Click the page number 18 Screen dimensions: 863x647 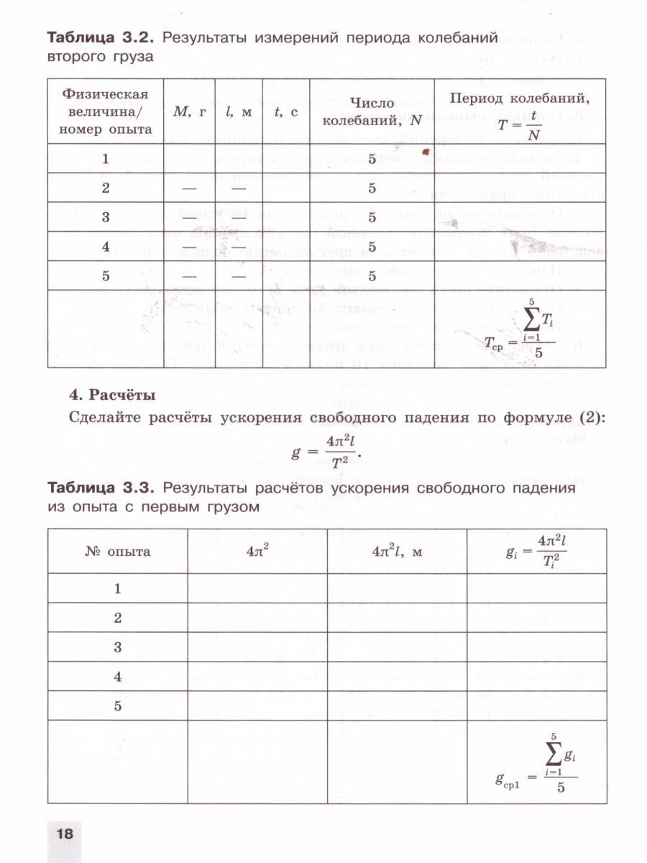pyautogui.click(x=64, y=834)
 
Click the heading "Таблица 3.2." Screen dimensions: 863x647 pyautogui.click(x=101, y=36)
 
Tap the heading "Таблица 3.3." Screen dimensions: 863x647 pyautogui.click(x=101, y=488)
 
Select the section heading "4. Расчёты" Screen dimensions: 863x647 pyautogui.click(x=111, y=395)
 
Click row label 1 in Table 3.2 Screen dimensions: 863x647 pyautogui.click(x=106, y=159)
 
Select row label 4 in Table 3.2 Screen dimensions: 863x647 pyautogui.click(x=106, y=247)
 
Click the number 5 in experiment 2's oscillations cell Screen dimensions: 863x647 pyautogui.click(x=372, y=188)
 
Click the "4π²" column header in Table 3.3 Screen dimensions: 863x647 pyautogui.click(x=257, y=552)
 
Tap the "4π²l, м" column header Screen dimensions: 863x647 pyautogui.click(x=396, y=552)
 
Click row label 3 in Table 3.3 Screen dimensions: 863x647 pyautogui.click(x=117, y=647)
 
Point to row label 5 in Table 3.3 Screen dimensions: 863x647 pyautogui.click(x=117, y=706)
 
